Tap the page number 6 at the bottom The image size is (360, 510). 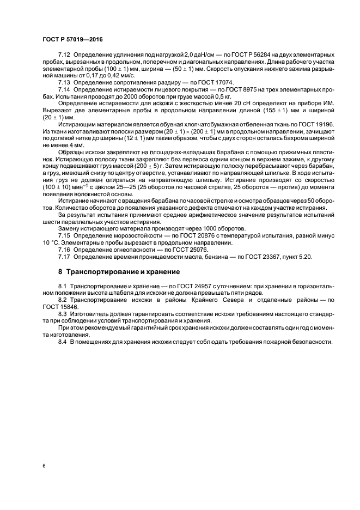[x=43, y=466]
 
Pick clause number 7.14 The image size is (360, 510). [x=64, y=89]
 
